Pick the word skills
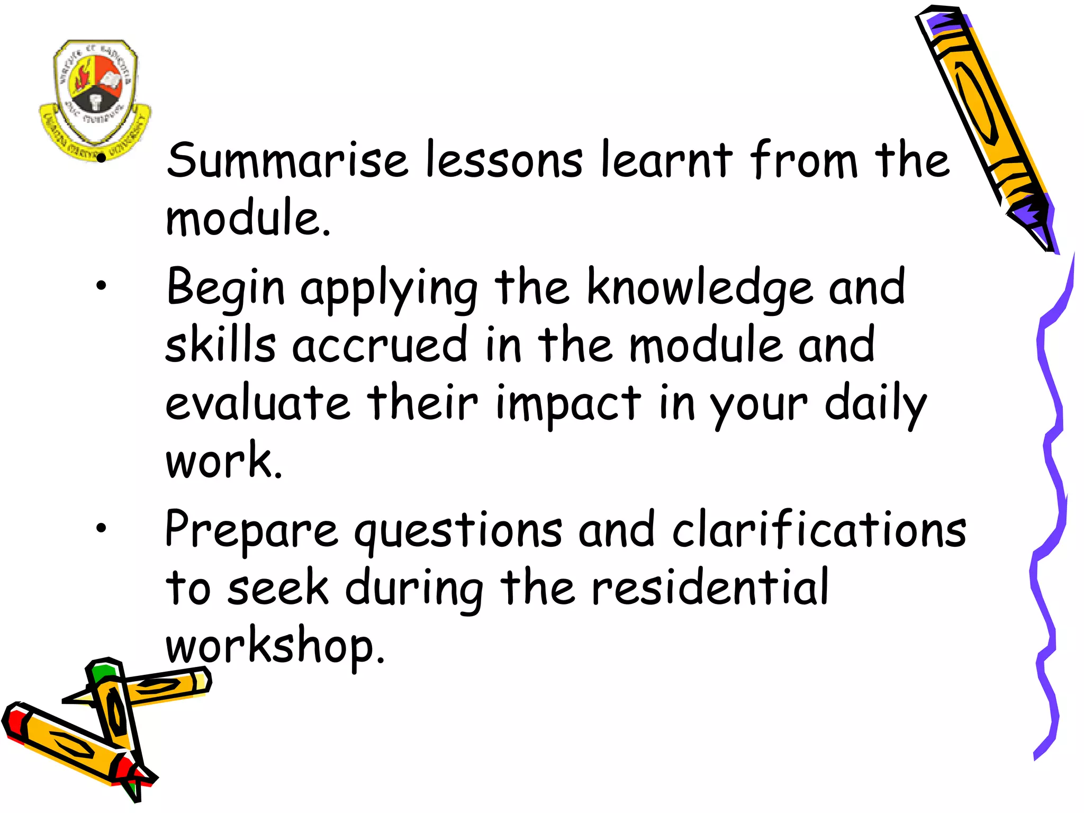(220, 345)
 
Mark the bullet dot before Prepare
(101, 527)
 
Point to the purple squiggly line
(1051, 503)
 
